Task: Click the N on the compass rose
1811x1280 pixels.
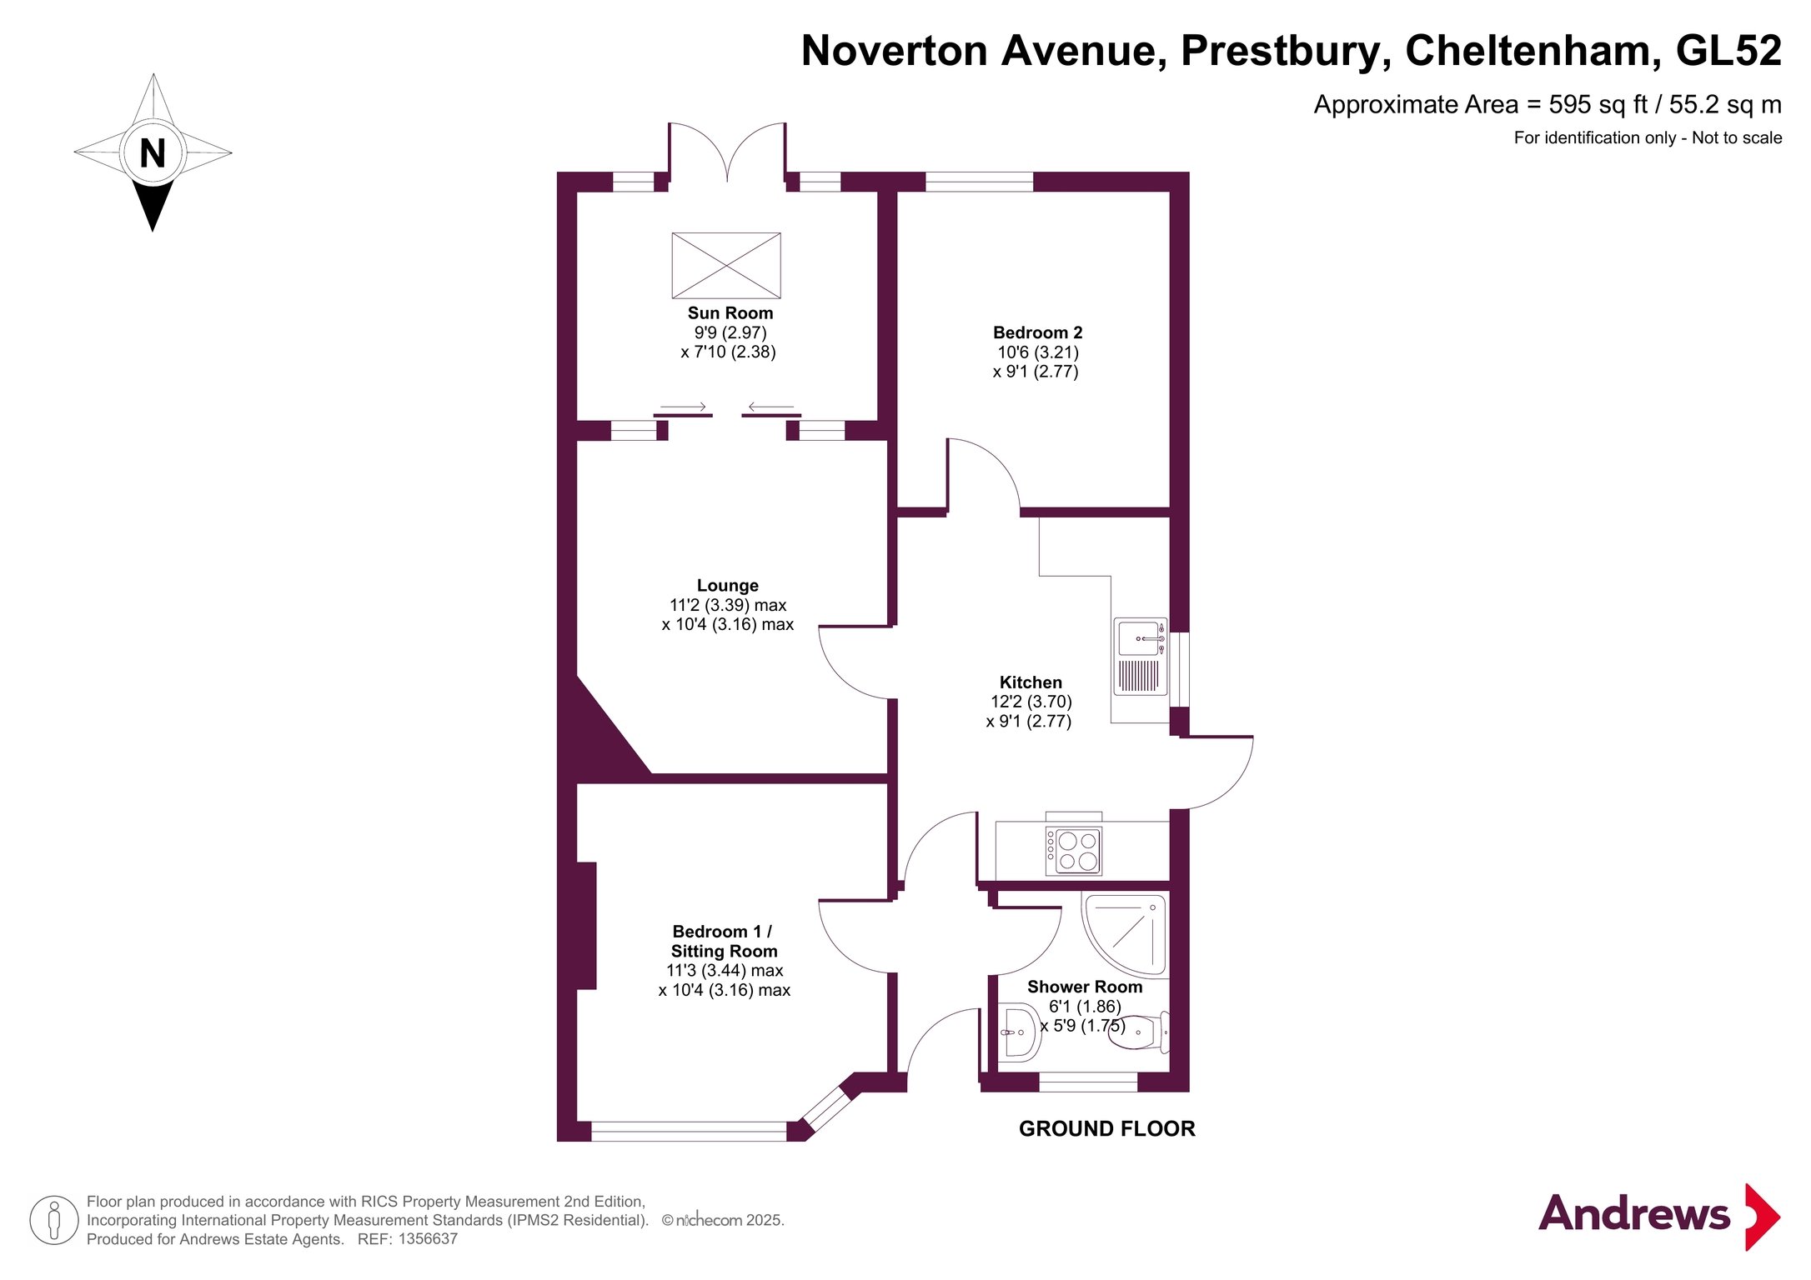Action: click(153, 153)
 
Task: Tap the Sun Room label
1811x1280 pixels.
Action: click(730, 313)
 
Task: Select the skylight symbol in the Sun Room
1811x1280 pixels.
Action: click(726, 266)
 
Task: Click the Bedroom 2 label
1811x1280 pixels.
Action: click(1037, 332)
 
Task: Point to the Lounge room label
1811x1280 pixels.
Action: click(728, 586)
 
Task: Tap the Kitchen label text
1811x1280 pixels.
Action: click(1031, 682)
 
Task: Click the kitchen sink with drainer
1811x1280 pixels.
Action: click(1141, 657)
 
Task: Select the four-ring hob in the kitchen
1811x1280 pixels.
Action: click(1074, 851)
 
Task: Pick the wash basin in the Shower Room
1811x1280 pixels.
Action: click(1019, 1032)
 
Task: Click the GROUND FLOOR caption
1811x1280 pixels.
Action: click(1106, 1129)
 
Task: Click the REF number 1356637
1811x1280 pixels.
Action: click(428, 1239)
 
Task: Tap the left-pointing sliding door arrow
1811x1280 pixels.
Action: click(770, 407)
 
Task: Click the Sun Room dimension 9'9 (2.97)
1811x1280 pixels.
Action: click(730, 332)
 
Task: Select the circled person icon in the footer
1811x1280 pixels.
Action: click(54, 1220)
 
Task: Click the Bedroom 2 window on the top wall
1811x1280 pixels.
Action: click(979, 182)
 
